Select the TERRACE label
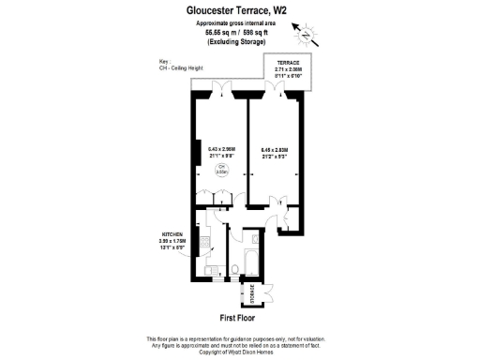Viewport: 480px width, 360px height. coord(300,62)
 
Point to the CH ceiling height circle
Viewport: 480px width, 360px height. coord(221,170)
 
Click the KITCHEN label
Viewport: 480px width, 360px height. coord(172,235)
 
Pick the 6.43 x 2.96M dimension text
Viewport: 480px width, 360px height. coord(221,148)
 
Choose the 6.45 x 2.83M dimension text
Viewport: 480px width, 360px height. coord(275,148)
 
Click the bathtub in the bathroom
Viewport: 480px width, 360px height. coord(252,260)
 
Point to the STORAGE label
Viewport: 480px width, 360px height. coord(250,292)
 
